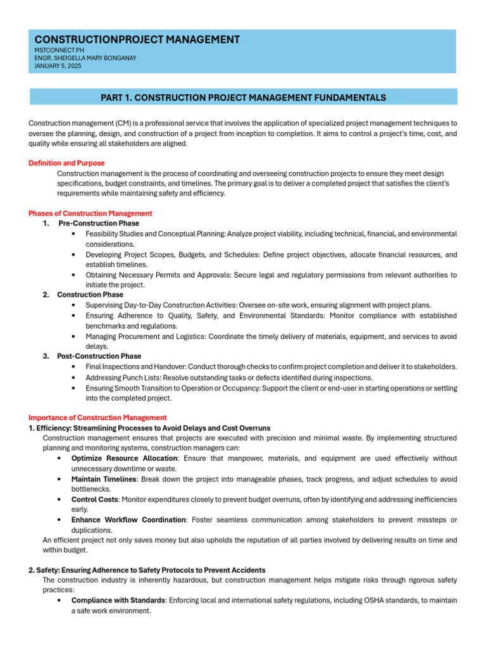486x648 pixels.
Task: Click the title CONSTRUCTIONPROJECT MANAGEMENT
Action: coord(137,40)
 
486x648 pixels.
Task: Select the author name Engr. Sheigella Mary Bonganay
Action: coord(85,58)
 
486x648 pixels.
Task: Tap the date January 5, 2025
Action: coord(58,66)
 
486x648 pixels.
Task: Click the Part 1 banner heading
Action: coord(243,97)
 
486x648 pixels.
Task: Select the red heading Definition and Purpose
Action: coord(66,163)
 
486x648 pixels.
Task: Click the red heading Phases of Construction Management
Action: coord(90,213)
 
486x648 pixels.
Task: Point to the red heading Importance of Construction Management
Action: coord(97,418)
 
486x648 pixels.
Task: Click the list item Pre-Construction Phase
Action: coord(99,223)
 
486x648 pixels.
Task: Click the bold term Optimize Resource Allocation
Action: coord(124,458)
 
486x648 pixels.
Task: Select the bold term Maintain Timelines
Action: coord(104,479)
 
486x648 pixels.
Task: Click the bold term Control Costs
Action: coord(95,499)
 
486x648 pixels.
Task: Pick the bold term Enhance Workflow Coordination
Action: coord(128,520)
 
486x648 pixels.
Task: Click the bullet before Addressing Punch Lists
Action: coord(75,377)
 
